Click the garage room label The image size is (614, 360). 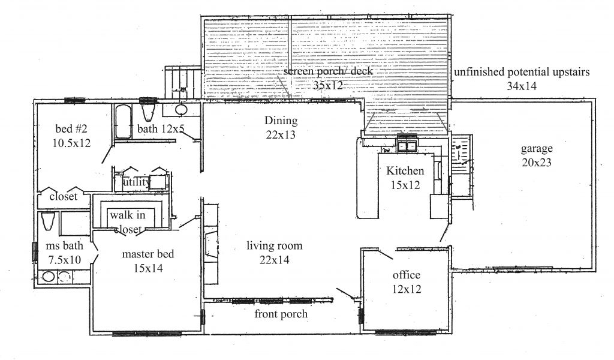click(537, 149)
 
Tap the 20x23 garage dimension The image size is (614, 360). click(537, 162)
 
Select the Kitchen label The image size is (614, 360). click(405, 171)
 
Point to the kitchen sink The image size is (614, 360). click(407, 145)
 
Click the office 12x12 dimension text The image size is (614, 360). click(407, 289)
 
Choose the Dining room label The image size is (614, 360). click(281, 121)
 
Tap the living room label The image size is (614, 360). click(275, 246)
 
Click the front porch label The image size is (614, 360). click(281, 314)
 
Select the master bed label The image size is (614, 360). click(148, 254)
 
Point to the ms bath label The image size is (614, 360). click(65, 246)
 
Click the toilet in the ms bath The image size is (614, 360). click(48, 221)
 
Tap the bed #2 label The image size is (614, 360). click(71, 128)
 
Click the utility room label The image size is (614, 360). click(136, 182)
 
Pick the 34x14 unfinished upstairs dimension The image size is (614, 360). click(522, 86)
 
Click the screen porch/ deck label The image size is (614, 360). click(328, 71)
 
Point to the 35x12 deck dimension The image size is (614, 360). click(328, 85)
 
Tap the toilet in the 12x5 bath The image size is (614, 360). click(149, 111)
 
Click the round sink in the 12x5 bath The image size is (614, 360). click(182, 110)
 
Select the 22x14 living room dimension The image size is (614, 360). click(275, 260)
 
